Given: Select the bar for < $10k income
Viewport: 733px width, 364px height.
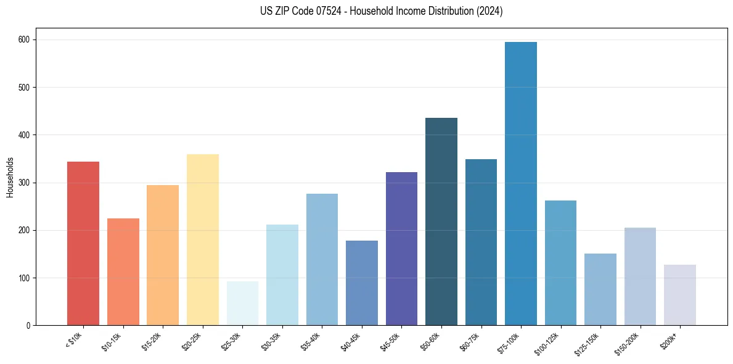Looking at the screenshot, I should [x=83, y=244].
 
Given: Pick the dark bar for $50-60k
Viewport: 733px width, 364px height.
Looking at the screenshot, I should [x=441, y=221].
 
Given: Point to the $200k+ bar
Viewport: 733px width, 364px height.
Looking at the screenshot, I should [x=680, y=295].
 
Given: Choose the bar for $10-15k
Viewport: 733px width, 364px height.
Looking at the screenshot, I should [x=123, y=271].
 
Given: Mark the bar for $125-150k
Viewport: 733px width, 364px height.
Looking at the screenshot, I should [x=600, y=289].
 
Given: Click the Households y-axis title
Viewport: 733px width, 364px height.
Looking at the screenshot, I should [x=10, y=176].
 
